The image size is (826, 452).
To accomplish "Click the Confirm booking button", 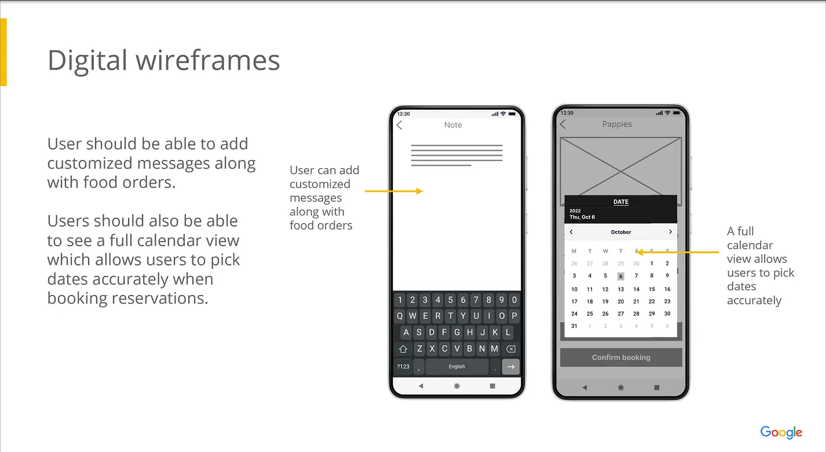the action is pos(621,357).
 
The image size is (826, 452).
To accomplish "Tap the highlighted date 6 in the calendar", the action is pos(621,276).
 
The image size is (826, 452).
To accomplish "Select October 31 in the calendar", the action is pos(574,326).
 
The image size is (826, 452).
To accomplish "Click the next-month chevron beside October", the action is pos(670,232).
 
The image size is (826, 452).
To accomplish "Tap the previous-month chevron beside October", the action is pos(571,232).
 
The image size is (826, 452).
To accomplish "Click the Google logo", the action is pos(781,432).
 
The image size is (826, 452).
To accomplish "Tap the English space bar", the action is pos(457,366).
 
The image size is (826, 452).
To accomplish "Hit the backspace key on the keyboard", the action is pos(511,349).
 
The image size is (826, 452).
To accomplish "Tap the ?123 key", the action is pos(403,366).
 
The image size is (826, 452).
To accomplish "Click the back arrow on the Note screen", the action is pos(399,125).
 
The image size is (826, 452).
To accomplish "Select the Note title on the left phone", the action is pos(453,125).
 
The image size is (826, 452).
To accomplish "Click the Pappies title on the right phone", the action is pos(617,125).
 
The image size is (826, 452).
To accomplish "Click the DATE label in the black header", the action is pos(621,202).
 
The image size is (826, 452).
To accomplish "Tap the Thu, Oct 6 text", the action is pos(582,217).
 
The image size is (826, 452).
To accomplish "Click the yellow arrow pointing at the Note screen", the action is pos(394,191).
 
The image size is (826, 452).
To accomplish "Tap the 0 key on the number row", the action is pos(514,300).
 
